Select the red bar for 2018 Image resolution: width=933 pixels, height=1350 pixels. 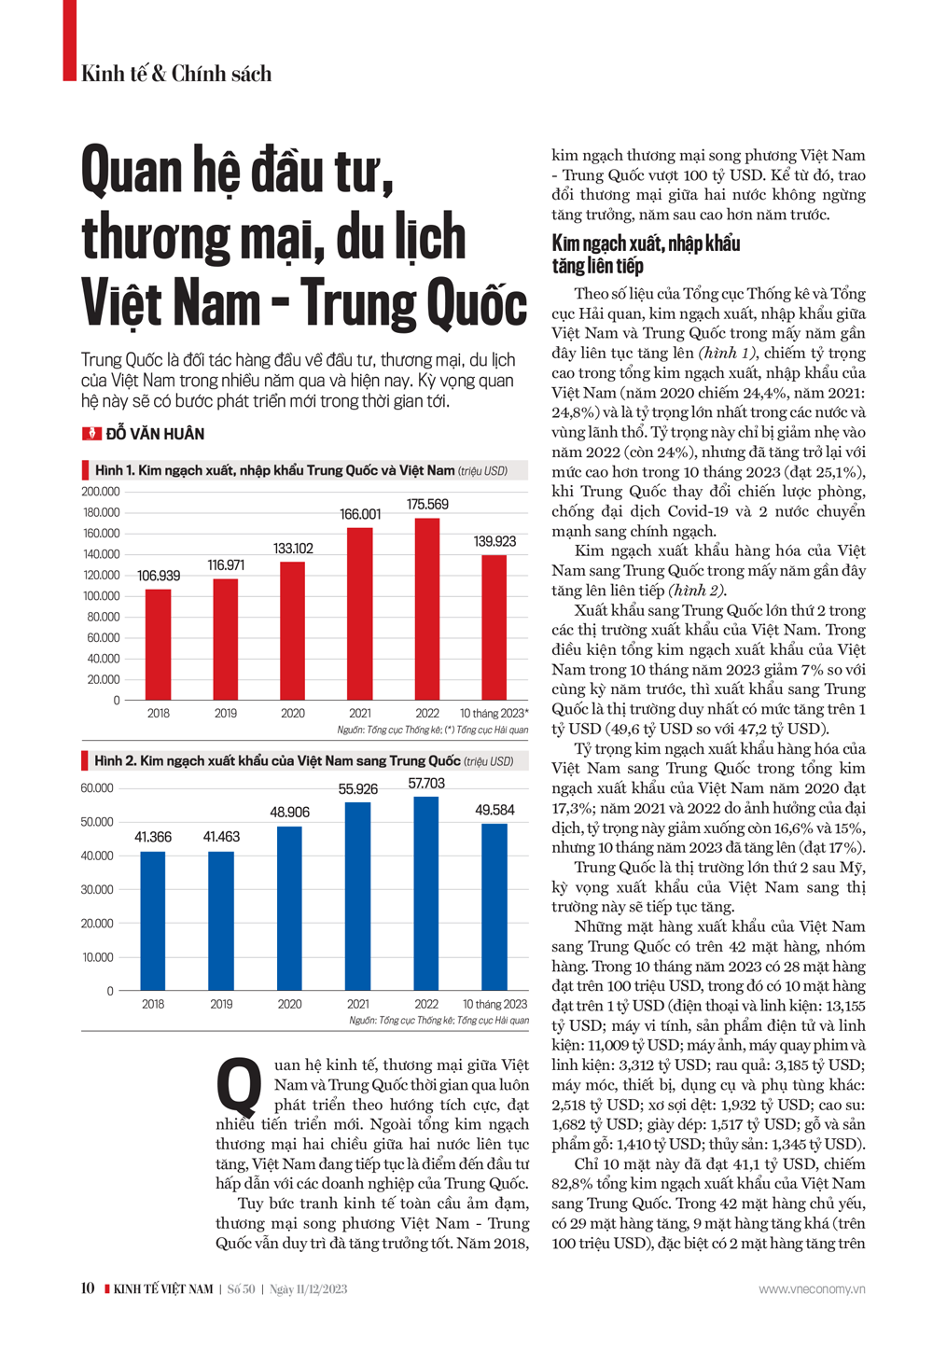pyautogui.click(x=159, y=644)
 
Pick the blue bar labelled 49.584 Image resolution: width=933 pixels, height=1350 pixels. pyautogui.click(x=494, y=906)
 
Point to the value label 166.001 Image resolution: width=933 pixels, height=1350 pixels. pyautogui.click(x=360, y=514)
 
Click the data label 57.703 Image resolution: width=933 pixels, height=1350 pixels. pyautogui.click(x=426, y=784)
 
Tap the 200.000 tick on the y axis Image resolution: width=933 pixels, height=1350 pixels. pyautogui.click(x=101, y=492)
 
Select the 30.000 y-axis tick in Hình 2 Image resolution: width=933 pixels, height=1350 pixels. pyautogui.click(x=97, y=890)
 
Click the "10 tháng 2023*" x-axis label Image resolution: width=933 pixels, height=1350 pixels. pyautogui.click(x=494, y=714)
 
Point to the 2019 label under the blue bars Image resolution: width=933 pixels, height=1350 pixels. pyautogui.click(x=221, y=1004)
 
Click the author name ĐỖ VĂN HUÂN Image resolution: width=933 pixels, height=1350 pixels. pyautogui.click(x=155, y=434)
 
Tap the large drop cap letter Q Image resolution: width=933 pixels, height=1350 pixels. pyautogui.click(x=239, y=1086)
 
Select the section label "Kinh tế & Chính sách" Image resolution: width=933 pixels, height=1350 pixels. pyautogui.click(x=176, y=74)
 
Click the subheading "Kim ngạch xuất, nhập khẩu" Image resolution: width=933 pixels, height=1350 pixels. pyautogui.click(x=646, y=244)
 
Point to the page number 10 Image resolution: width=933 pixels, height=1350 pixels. pyautogui.click(x=88, y=1288)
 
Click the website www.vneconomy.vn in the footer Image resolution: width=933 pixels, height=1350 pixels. pyautogui.click(x=811, y=1289)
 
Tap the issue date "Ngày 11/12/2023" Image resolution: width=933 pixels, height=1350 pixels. pyautogui.click(x=309, y=1289)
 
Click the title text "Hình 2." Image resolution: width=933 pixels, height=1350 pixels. pyautogui.click(x=114, y=761)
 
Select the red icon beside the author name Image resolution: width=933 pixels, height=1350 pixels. pyautogui.click(x=91, y=434)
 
